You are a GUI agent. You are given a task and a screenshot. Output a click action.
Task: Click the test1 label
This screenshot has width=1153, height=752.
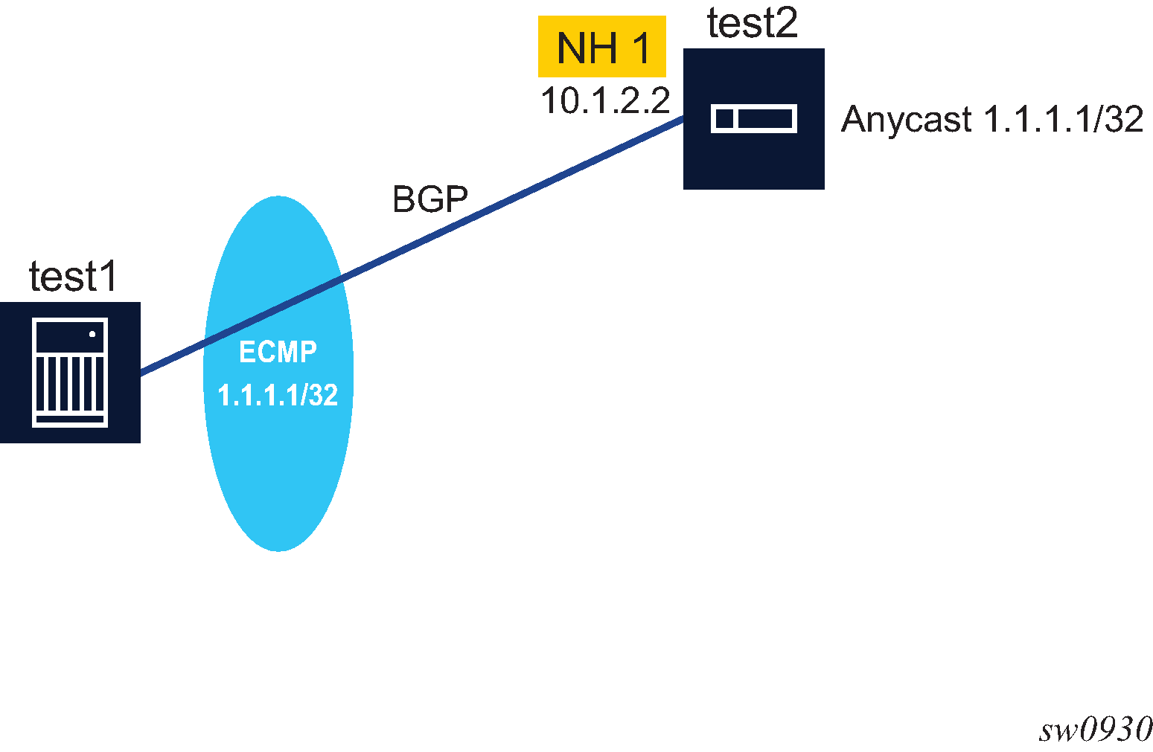pos(73,277)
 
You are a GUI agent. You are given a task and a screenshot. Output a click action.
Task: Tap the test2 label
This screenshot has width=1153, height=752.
pos(752,24)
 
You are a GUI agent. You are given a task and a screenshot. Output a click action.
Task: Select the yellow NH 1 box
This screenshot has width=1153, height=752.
pos(601,47)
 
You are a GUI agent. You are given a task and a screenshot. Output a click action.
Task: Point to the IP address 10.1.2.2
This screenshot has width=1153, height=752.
pos(605,100)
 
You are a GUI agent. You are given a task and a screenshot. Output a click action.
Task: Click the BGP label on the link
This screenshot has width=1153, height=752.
pos(430,199)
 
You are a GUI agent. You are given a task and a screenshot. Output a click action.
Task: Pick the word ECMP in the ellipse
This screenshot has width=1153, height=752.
pos(278,352)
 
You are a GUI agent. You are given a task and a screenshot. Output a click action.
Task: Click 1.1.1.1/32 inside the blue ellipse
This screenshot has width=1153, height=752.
pos(278,395)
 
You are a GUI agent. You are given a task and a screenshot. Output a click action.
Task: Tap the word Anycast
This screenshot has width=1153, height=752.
pos(906,119)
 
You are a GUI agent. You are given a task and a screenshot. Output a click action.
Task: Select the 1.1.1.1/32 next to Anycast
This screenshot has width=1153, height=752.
pos(1063,119)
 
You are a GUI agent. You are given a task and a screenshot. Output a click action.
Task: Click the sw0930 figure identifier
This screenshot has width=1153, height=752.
pos(1096,730)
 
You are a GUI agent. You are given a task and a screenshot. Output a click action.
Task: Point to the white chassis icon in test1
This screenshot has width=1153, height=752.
pos(70,372)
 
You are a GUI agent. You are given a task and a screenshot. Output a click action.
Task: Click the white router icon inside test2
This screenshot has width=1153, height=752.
pos(753,119)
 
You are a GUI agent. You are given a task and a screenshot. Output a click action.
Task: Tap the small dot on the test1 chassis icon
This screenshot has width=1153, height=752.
pos(92,334)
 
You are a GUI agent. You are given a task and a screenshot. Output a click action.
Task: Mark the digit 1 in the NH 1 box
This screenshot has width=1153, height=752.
pos(640,48)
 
